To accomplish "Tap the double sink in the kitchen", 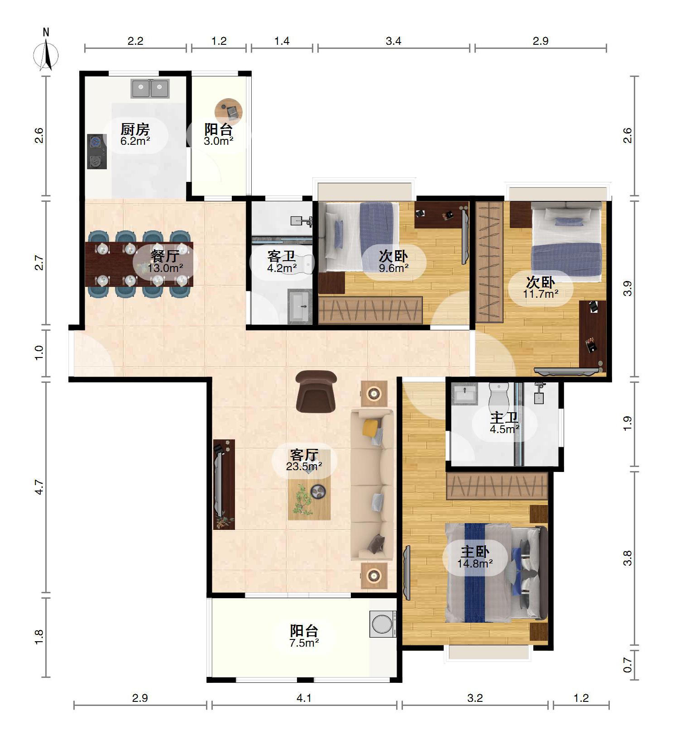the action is click(x=150, y=89).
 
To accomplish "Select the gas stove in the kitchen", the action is click(x=96, y=152).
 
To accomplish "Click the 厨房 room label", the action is click(x=135, y=129).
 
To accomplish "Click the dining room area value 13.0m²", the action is click(x=165, y=268).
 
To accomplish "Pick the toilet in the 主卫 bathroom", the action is click(x=499, y=396).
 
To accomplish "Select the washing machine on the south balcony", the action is click(x=383, y=624).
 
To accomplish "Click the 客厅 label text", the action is click(x=304, y=454).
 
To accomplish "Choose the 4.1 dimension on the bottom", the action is click(x=304, y=698).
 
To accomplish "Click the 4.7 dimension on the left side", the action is click(x=39, y=487).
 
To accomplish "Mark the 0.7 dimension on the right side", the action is click(x=627, y=665).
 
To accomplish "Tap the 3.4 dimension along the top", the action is click(x=393, y=41).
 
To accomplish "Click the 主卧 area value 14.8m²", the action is click(x=475, y=564).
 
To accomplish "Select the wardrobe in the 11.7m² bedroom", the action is click(x=489, y=262).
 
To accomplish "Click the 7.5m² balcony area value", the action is click(x=304, y=643).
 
